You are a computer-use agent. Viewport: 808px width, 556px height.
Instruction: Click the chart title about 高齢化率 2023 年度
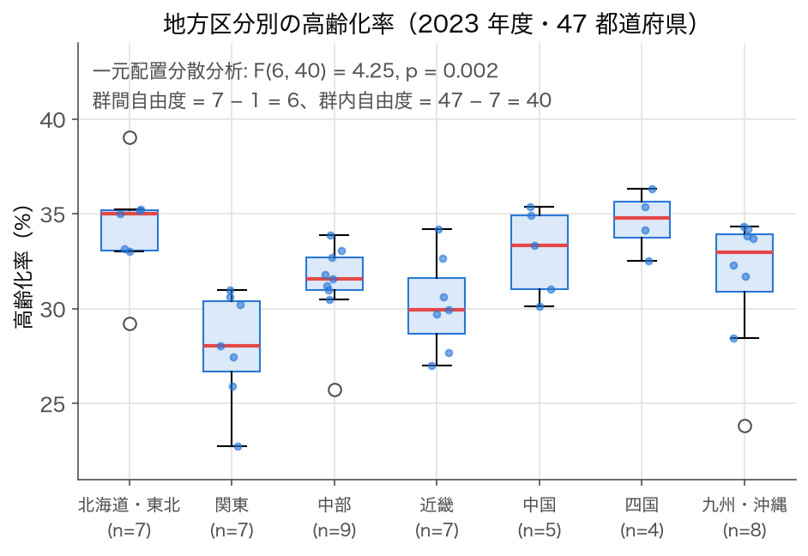[x=430, y=24]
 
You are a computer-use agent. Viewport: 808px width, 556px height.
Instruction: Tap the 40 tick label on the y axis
[x=53, y=120]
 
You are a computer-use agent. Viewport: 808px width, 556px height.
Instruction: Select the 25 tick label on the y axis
[x=53, y=404]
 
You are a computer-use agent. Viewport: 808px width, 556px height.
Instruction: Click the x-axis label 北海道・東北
[x=129, y=505]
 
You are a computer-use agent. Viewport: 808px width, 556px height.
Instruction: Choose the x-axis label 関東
[x=232, y=505]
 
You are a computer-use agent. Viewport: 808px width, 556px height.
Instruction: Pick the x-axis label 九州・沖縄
[x=745, y=505]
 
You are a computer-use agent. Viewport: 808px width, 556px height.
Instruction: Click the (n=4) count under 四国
[x=642, y=530]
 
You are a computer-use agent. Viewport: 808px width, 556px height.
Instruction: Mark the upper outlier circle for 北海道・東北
[x=130, y=137]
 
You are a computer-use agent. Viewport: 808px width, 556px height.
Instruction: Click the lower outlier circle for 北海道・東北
[x=130, y=324]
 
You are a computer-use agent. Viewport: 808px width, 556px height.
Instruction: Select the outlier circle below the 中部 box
[x=335, y=390]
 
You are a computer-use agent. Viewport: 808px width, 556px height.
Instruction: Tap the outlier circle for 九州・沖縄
[x=745, y=426]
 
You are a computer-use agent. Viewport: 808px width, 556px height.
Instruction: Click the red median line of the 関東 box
[x=232, y=346]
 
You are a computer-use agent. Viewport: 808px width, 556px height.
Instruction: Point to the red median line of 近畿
[x=437, y=310]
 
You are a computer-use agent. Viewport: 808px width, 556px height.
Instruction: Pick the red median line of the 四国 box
[x=642, y=218]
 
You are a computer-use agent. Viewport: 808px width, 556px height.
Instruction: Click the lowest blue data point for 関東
[x=238, y=446]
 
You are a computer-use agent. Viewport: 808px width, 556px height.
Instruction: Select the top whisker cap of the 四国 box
[x=642, y=189]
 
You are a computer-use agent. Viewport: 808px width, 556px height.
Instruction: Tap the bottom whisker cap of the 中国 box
[x=540, y=306]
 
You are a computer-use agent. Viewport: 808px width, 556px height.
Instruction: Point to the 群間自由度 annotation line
[x=322, y=100]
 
